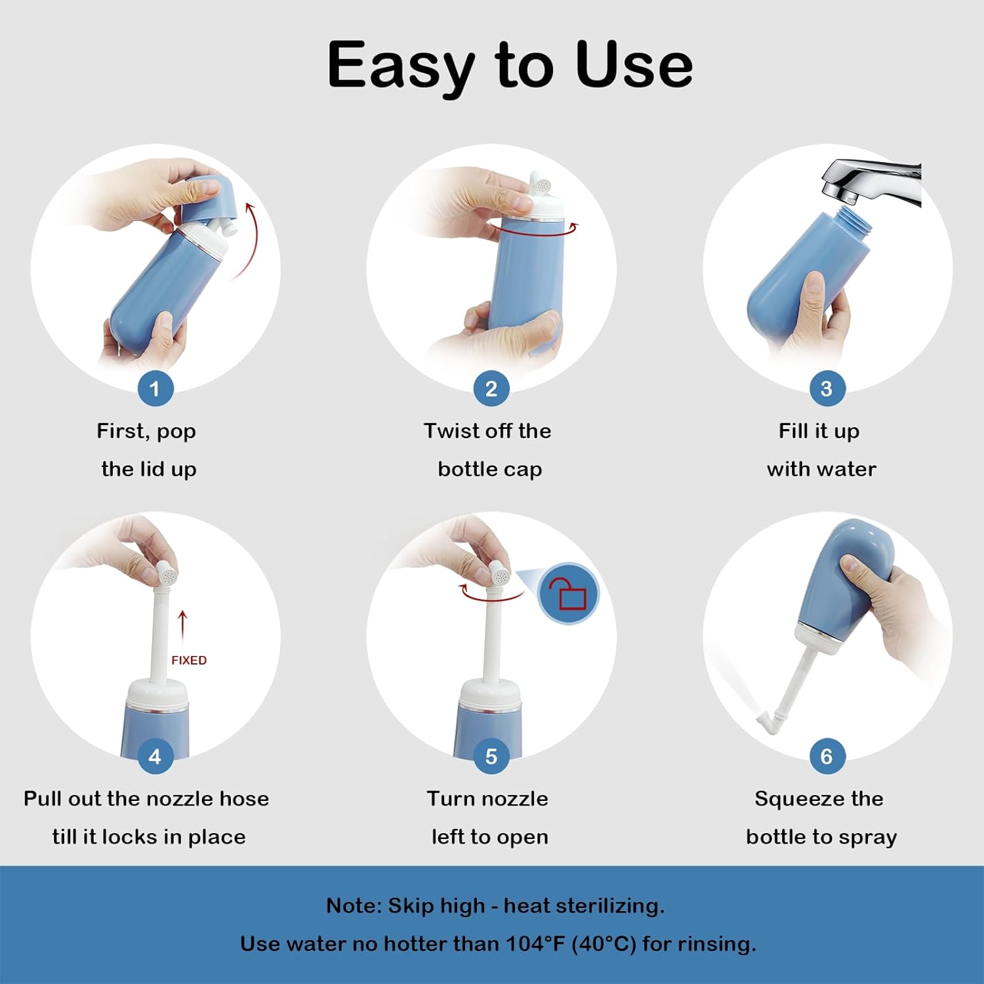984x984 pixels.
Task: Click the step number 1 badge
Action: click(155, 388)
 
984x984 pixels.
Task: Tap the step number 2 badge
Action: click(491, 388)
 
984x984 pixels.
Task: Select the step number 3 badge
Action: click(827, 388)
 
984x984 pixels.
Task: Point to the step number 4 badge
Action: click(155, 756)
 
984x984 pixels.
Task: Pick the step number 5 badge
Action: click(491, 756)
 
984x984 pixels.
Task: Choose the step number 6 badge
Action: click(827, 756)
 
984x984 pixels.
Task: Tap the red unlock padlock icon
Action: click(568, 594)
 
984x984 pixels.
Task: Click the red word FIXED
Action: click(189, 661)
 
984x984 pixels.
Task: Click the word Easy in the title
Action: click(401, 66)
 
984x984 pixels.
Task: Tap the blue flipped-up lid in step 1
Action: click(206, 196)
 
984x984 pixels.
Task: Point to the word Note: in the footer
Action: click(354, 906)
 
